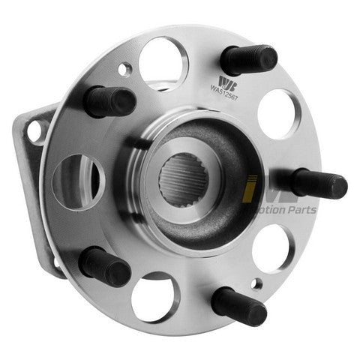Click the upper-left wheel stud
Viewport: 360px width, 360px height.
click(109, 101)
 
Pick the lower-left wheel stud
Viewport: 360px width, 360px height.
click(104, 264)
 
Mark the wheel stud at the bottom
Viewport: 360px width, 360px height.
click(240, 305)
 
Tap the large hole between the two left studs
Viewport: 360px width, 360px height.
click(78, 180)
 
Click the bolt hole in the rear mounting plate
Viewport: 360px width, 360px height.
click(33, 132)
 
